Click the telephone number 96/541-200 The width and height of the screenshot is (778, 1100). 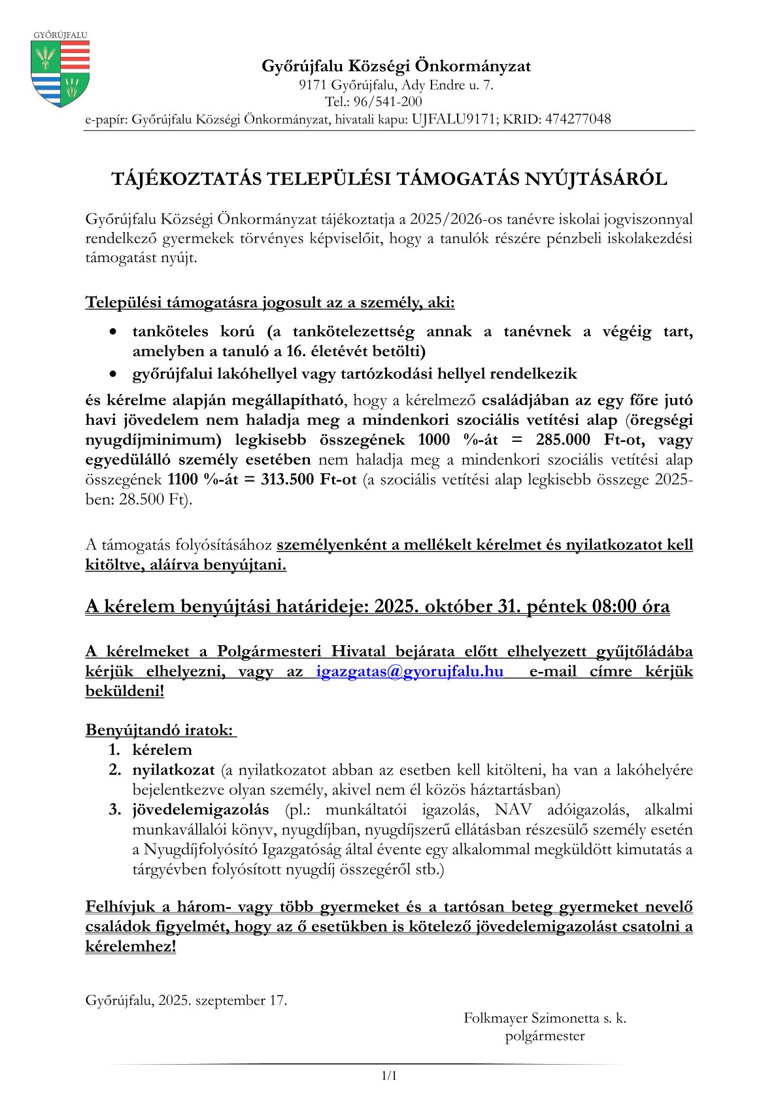387,102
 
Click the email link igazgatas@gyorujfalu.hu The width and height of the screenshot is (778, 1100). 410,671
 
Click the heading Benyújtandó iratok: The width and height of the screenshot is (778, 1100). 160,730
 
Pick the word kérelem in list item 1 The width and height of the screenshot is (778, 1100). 162,750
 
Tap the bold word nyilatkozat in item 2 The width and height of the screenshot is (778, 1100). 173,770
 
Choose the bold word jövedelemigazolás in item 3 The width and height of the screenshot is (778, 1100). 201,810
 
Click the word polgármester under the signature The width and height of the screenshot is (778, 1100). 545,1036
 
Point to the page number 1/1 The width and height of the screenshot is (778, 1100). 389,1076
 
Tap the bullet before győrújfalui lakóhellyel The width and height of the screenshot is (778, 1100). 114,375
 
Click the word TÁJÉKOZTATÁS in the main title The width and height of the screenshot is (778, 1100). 186,179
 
